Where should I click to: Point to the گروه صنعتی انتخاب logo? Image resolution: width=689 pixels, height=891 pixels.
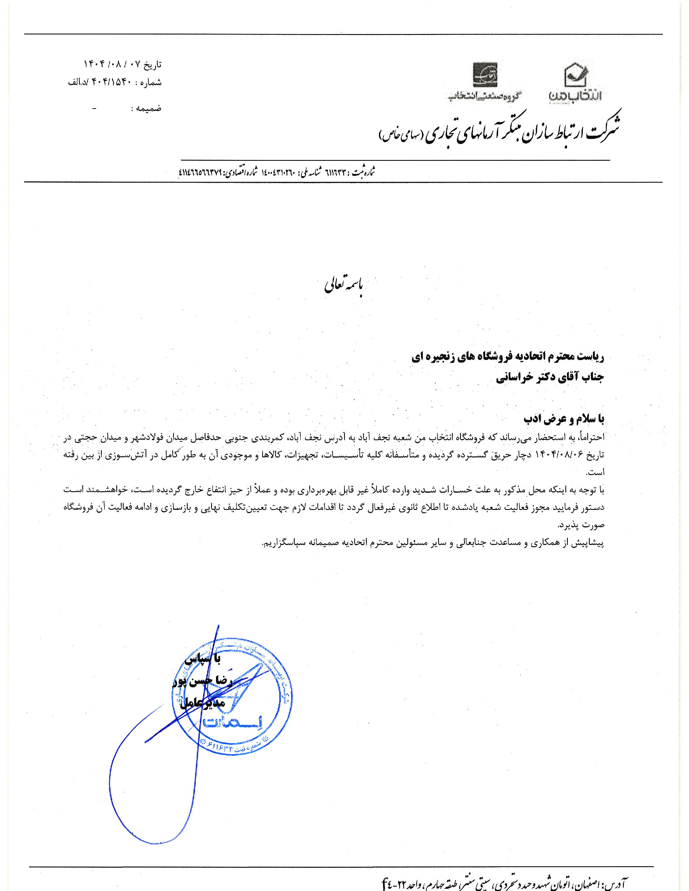[485, 82]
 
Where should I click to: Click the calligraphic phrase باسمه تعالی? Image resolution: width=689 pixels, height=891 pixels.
[344, 286]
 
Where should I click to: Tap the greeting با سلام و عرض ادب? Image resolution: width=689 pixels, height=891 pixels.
[564, 419]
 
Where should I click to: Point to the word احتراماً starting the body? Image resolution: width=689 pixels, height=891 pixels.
[591, 437]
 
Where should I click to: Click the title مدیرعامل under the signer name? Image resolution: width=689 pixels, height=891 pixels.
[203, 703]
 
